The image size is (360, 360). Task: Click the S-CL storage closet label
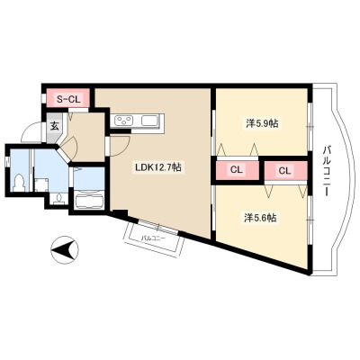pyautogui.click(x=68, y=99)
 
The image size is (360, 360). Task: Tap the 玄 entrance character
pyautogui.click(x=54, y=126)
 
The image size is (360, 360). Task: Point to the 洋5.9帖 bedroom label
pyautogui.click(x=262, y=123)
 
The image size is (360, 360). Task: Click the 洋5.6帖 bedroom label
pyautogui.click(x=260, y=218)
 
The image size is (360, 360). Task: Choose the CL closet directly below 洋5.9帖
pyautogui.click(x=237, y=170)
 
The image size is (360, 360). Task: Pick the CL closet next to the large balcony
pyautogui.click(x=285, y=171)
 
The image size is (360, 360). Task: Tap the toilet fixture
pyautogui.click(x=20, y=183)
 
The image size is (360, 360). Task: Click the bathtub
pyautogui.click(x=89, y=201)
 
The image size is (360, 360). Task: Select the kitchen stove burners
pyautogui.click(x=124, y=121)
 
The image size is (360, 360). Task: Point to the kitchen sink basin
pyautogui.click(x=150, y=121)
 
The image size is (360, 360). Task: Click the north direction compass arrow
pyautogui.click(x=64, y=250)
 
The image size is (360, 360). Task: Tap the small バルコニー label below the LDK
pyautogui.click(x=153, y=238)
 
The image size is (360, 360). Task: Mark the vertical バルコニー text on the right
pyautogui.click(x=326, y=171)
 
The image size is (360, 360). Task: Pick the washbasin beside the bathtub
pyautogui.click(x=59, y=199)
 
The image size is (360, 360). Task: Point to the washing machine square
pyautogui.click(x=41, y=184)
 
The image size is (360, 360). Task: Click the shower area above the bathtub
pyautogui.click(x=89, y=178)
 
